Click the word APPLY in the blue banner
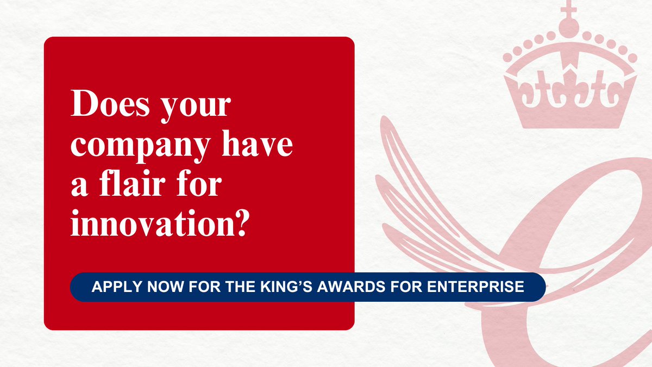coord(114,287)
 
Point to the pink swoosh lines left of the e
coord(429,201)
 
